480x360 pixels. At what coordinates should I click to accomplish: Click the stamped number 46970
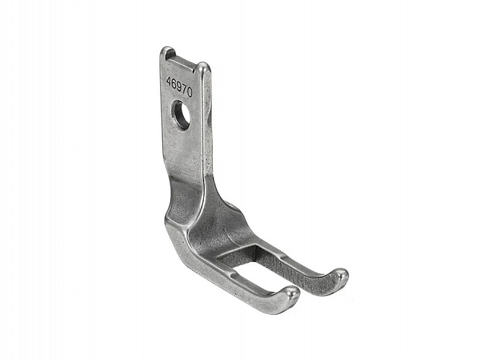tap(179, 86)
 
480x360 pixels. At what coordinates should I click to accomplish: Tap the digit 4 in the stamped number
tap(169, 81)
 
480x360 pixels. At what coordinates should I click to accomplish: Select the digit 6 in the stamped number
tap(174, 84)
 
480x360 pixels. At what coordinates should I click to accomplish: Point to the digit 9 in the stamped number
tap(179, 86)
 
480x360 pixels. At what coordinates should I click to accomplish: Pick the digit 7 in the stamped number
tap(185, 89)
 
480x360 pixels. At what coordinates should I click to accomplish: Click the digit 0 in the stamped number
tap(190, 92)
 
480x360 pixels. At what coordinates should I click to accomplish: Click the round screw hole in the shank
tap(181, 114)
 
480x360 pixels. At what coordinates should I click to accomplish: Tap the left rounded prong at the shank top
tap(167, 53)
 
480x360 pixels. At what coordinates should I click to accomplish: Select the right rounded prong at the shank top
tap(203, 68)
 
